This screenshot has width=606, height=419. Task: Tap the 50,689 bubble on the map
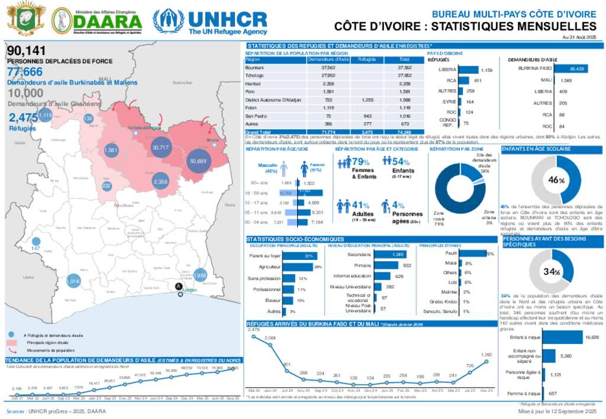click(x=198, y=161)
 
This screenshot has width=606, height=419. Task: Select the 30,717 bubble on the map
click(x=160, y=147)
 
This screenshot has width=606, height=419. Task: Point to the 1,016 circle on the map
click(x=73, y=282)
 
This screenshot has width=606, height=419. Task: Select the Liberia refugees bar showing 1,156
click(x=470, y=69)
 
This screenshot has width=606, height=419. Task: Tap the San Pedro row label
click(x=254, y=116)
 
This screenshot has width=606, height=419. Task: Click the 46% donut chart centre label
click(x=553, y=180)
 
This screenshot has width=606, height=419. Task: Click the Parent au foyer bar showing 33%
click(x=301, y=256)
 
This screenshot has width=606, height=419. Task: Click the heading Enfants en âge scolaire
click(x=529, y=150)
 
